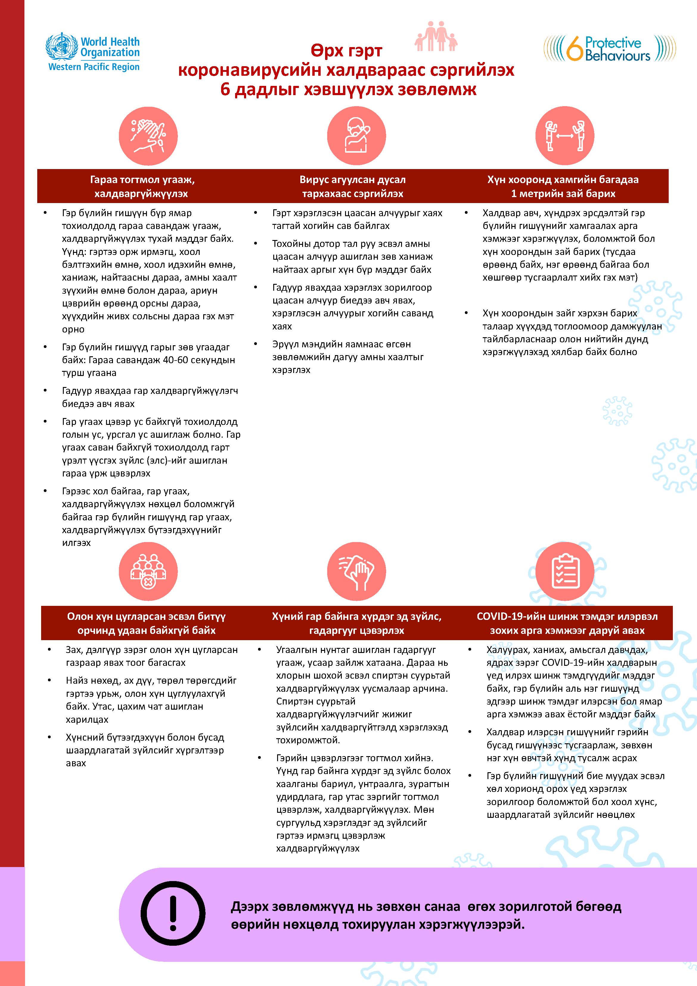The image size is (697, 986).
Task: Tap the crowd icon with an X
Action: tap(148, 572)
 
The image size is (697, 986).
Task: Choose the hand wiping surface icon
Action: tap(356, 572)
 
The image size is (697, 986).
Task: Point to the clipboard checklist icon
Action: tap(565, 572)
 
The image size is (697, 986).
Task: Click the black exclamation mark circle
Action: tap(173, 915)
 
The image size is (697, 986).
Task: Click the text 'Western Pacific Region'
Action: tap(94, 67)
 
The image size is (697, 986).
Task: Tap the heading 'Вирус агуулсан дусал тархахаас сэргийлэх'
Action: tap(352, 186)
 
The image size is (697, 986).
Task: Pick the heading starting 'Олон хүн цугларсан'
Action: tap(146, 623)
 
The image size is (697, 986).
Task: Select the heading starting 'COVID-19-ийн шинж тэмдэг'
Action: tap(567, 623)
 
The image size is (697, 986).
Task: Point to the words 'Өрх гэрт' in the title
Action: tap(346, 51)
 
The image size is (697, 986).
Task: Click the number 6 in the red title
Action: tap(225, 90)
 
